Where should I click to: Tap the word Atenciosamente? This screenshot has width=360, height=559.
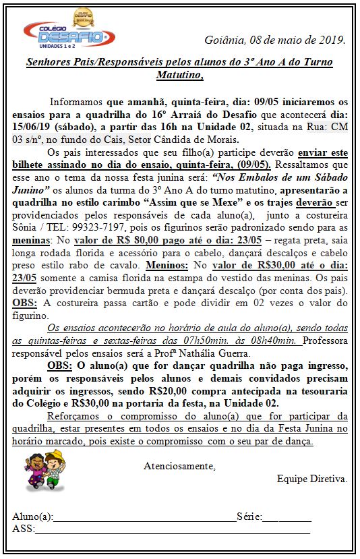pyautogui.click(x=179, y=466)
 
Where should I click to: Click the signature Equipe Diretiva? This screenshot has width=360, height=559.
pyautogui.click(x=312, y=478)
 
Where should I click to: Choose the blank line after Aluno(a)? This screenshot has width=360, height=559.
pyautogui.click(x=144, y=518)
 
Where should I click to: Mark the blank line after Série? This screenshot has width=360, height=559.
pyautogui.click(x=287, y=518)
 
